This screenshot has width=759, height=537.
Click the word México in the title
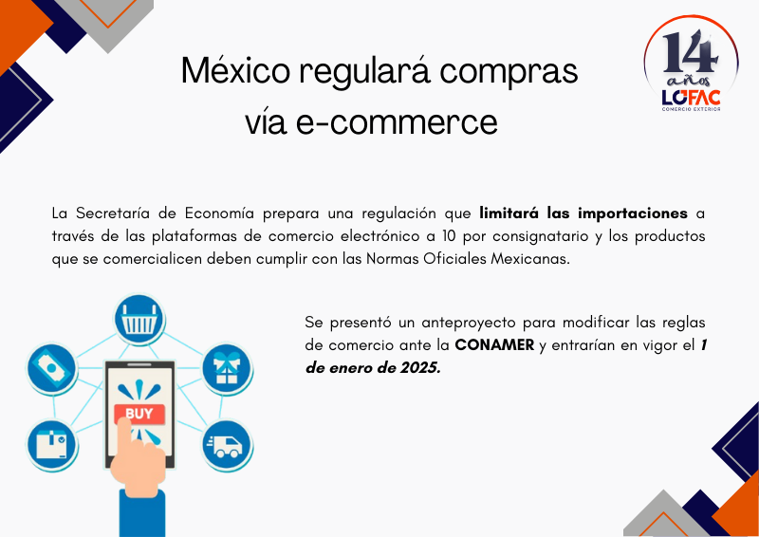[x=235, y=71]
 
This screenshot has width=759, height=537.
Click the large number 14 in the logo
[x=691, y=52]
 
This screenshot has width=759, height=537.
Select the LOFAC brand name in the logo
[x=691, y=98]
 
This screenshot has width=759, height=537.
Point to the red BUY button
[x=139, y=414]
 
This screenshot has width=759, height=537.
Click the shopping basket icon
[x=139, y=320]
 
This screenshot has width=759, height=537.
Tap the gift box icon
[x=227, y=369]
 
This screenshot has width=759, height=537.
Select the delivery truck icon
[x=227, y=446]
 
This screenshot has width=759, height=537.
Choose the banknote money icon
[x=52, y=369]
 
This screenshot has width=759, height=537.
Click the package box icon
[x=52, y=446]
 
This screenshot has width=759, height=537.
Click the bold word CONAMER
[x=494, y=345]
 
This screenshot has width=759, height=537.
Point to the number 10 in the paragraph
[x=448, y=236]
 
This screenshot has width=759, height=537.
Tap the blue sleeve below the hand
[x=142, y=514]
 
